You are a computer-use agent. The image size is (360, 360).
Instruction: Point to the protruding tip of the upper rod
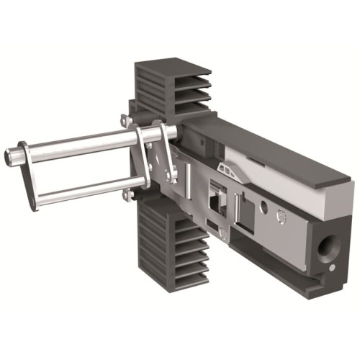tap(10, 155)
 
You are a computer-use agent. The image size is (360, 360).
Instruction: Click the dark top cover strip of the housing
tap(274, 144)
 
